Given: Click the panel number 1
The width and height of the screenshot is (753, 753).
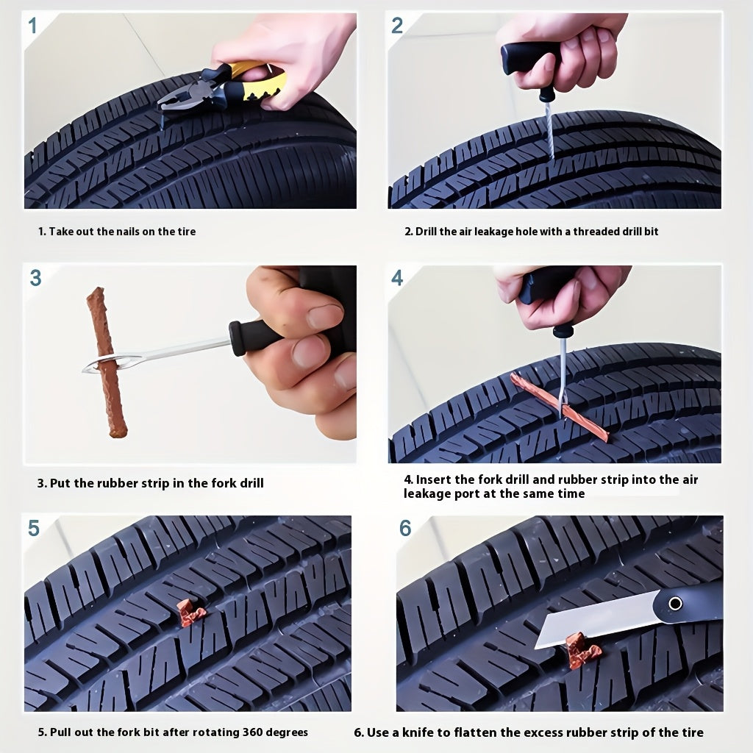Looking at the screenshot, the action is tap(32, 26).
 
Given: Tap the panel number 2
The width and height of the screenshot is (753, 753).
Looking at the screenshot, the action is tap(397, 26).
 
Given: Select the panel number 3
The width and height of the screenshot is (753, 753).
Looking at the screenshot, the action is tap(35, 278).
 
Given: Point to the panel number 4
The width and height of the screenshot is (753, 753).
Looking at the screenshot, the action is tap(397, 278).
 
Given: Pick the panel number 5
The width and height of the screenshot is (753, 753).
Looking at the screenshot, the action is tap(34, 528).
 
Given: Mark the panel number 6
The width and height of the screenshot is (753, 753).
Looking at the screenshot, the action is tap(405, 528).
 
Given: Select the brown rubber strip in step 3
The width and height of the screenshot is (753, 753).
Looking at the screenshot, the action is tap(107, 363).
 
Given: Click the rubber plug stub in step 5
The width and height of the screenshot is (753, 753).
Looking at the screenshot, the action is tap(190, 614).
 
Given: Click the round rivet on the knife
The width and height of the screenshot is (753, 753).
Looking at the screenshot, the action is tap(675, 603).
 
